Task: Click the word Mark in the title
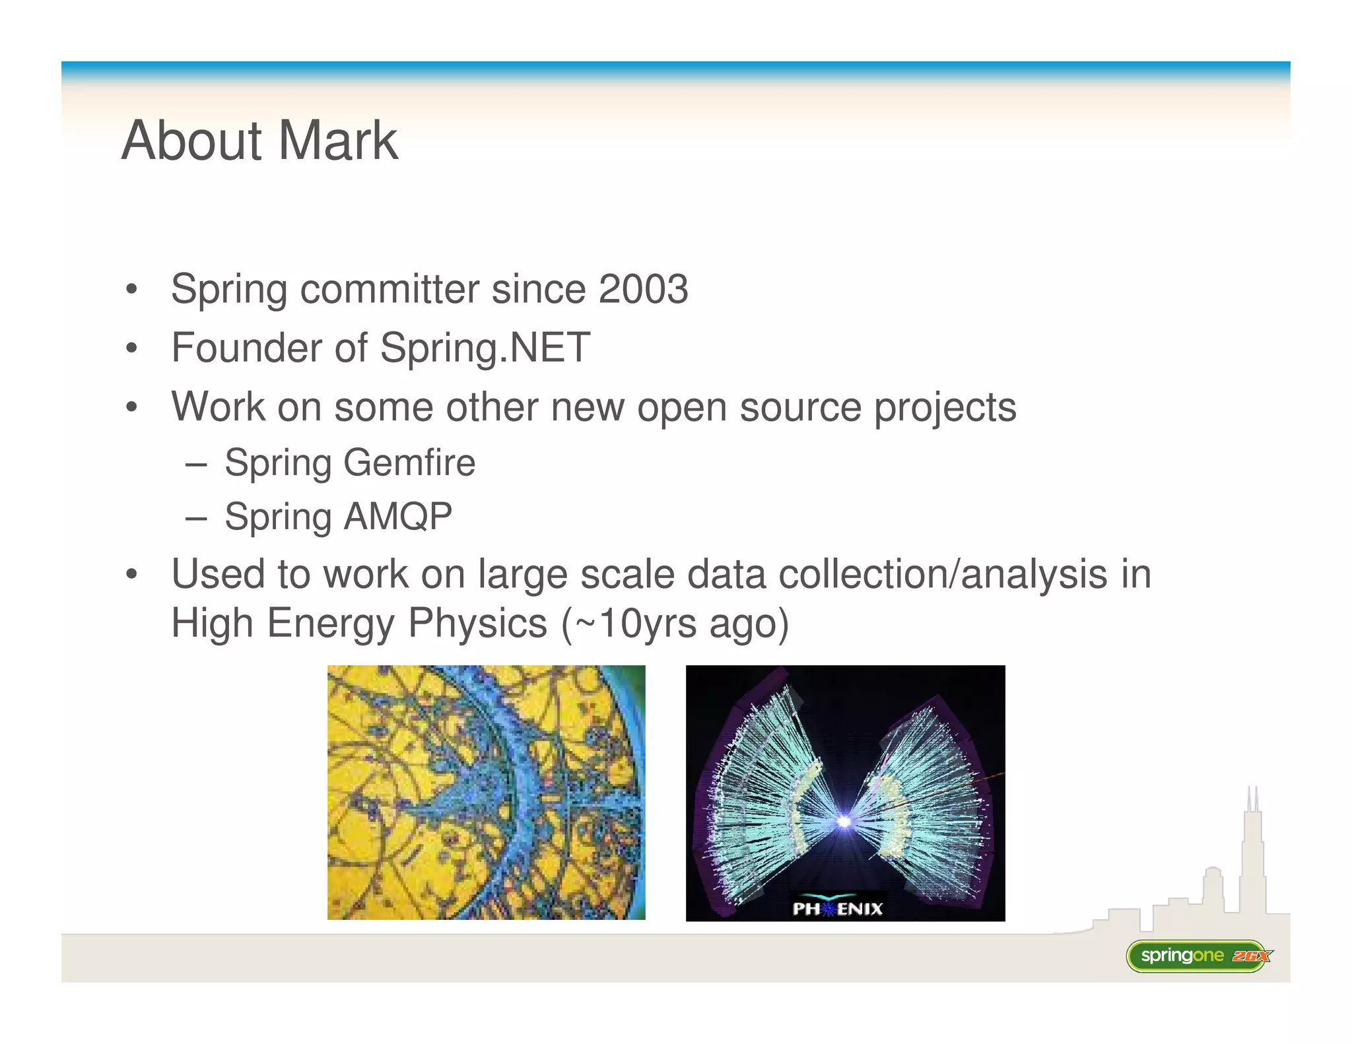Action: [337, 141]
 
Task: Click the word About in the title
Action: [192, 141]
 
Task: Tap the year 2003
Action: [643, 289]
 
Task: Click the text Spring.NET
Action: [485, 348]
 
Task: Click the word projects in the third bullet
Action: [945, 407]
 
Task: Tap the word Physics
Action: [477, 623]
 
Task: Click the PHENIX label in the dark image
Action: [837, 909]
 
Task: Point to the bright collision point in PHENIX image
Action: [843, 821]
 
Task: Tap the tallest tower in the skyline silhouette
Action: [1252, 851]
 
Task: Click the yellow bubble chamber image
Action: [486, 792]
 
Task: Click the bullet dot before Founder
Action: [132, 348]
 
